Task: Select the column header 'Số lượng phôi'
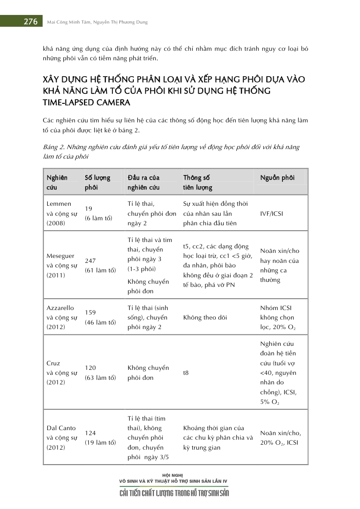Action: coord(97,182)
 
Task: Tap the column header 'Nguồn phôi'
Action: coord(277,178)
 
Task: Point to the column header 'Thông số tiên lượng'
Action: coord(198,182)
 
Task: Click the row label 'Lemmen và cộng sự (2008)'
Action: coord(59,213)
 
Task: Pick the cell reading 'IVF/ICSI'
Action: coord(272,213)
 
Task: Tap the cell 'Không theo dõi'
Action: coord(205,318)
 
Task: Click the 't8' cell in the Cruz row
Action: coord(186,373)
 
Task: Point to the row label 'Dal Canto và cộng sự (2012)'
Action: coord(61,437)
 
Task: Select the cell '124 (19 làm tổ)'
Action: coord(100,438)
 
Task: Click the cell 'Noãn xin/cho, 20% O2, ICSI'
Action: coord(281,437)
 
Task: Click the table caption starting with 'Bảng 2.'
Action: coord(171,152)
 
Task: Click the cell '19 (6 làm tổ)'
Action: coord(98,213)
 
